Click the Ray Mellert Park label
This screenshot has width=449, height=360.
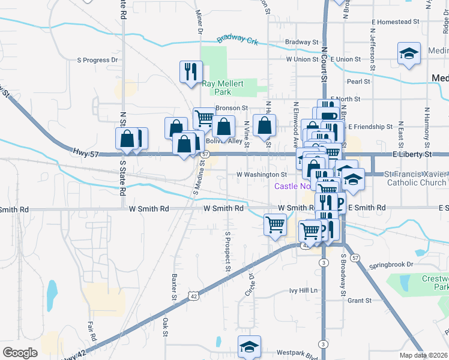pyautogui.click(x=223, y=88)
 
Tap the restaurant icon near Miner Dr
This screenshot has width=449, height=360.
pyautogui.click(x=191, y=71)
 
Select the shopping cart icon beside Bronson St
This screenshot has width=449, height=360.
pyautogui.click(x=204, y=118)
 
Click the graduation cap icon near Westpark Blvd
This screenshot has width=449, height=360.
pyautogui.click(x=249, y=347)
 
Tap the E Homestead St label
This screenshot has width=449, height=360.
pyautogui.click(x=395, y=22)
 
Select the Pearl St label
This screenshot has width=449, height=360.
pyautogui.click(x=358, y=81)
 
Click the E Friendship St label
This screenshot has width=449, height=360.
pyautogui.click(x=370, y=127)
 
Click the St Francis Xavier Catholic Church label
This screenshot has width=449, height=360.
pyautogui.click(x=415, y=178)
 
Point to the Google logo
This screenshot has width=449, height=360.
pyautogui.click(x=20, y=352)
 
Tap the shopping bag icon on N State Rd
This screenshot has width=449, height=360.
pyautogui.click(x=128, y=139)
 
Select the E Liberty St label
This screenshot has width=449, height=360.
pyautogui.click(x=412, y=155)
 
